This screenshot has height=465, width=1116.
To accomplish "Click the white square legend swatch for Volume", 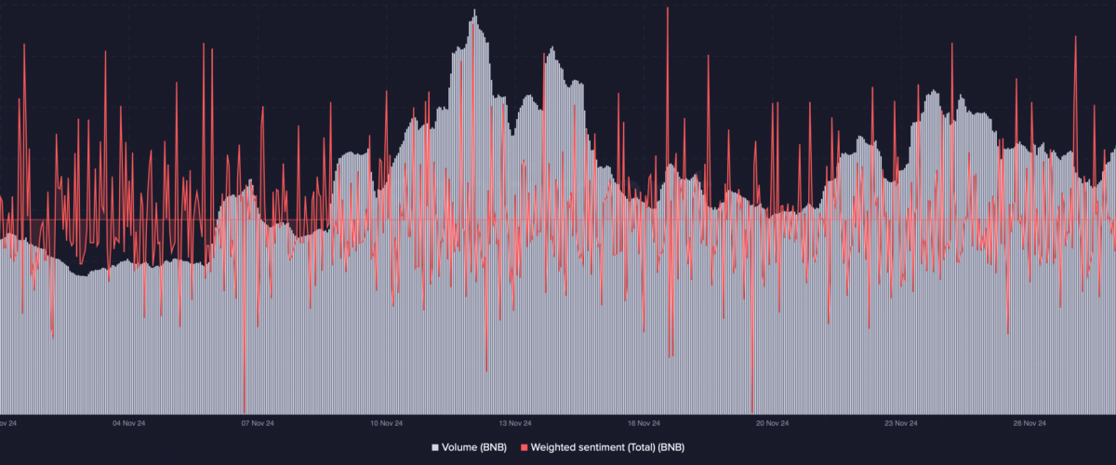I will pos(434,447).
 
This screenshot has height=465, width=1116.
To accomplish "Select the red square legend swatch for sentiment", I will pos(523,447).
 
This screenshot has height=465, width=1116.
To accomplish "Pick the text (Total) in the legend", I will pos(647,447).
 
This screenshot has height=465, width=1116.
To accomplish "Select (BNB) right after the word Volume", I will pos(493,447).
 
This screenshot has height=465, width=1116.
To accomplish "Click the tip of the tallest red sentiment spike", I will pos(668,7).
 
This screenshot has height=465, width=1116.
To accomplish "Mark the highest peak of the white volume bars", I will pos(474,11).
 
